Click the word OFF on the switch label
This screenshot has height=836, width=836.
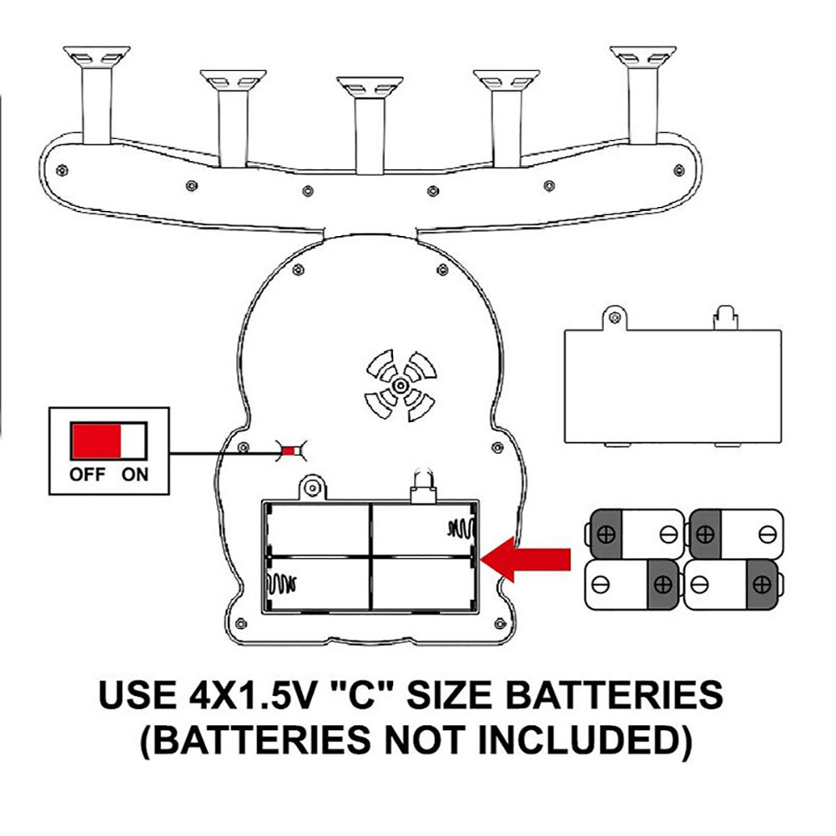[87, 475]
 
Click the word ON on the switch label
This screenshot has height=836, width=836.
[134, 475]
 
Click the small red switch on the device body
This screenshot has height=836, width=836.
[289, 452]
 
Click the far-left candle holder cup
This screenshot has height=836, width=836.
[97, 56]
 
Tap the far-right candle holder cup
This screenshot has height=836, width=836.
[642, 56]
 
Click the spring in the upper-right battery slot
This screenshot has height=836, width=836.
[461, 527]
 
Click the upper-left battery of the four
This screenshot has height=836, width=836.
[636, 533]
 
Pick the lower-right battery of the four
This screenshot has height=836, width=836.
[733, 584]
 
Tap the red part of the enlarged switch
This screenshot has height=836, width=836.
[96, 440]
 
